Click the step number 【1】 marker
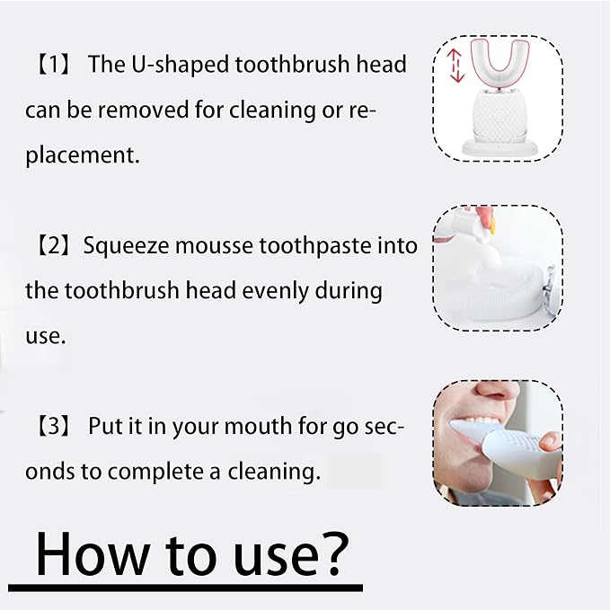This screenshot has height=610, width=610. [53, 64]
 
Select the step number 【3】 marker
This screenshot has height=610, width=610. [53, 427]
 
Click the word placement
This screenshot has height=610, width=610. [82, 155]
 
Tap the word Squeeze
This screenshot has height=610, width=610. [127, 247]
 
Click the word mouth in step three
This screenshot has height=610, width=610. [258, 427]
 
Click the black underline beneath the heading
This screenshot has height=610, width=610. [186, 588]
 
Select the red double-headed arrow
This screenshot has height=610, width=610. [456, 66]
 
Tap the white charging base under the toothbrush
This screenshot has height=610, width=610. [499, 148]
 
